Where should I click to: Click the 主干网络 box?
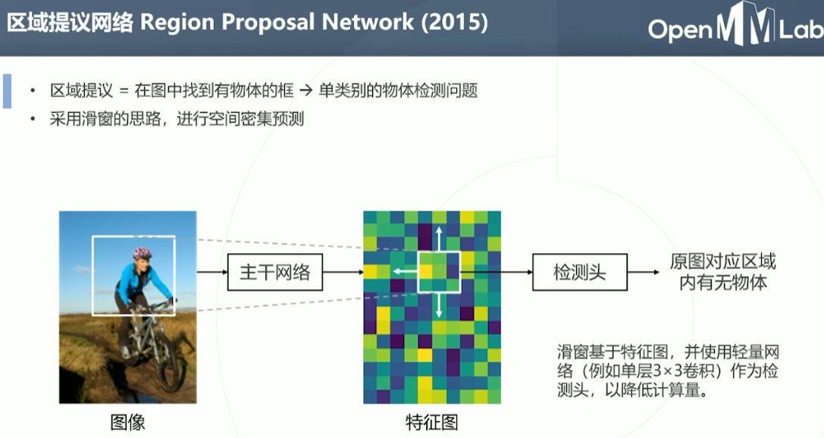click(274, 272)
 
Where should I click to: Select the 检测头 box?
click(580, 272)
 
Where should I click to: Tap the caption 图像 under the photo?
click(127, 422)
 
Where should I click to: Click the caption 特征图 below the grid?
click(431, 422)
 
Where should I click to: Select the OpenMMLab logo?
click(734, 28)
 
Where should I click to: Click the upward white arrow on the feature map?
click(439, 237)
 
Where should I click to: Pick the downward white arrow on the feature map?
click(439, 305)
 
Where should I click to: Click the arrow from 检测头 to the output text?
click(645, 272)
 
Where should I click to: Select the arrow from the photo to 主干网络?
click(211, 272)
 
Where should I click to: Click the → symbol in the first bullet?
click(304, 92)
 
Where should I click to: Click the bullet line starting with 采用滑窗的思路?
click(177, 119)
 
